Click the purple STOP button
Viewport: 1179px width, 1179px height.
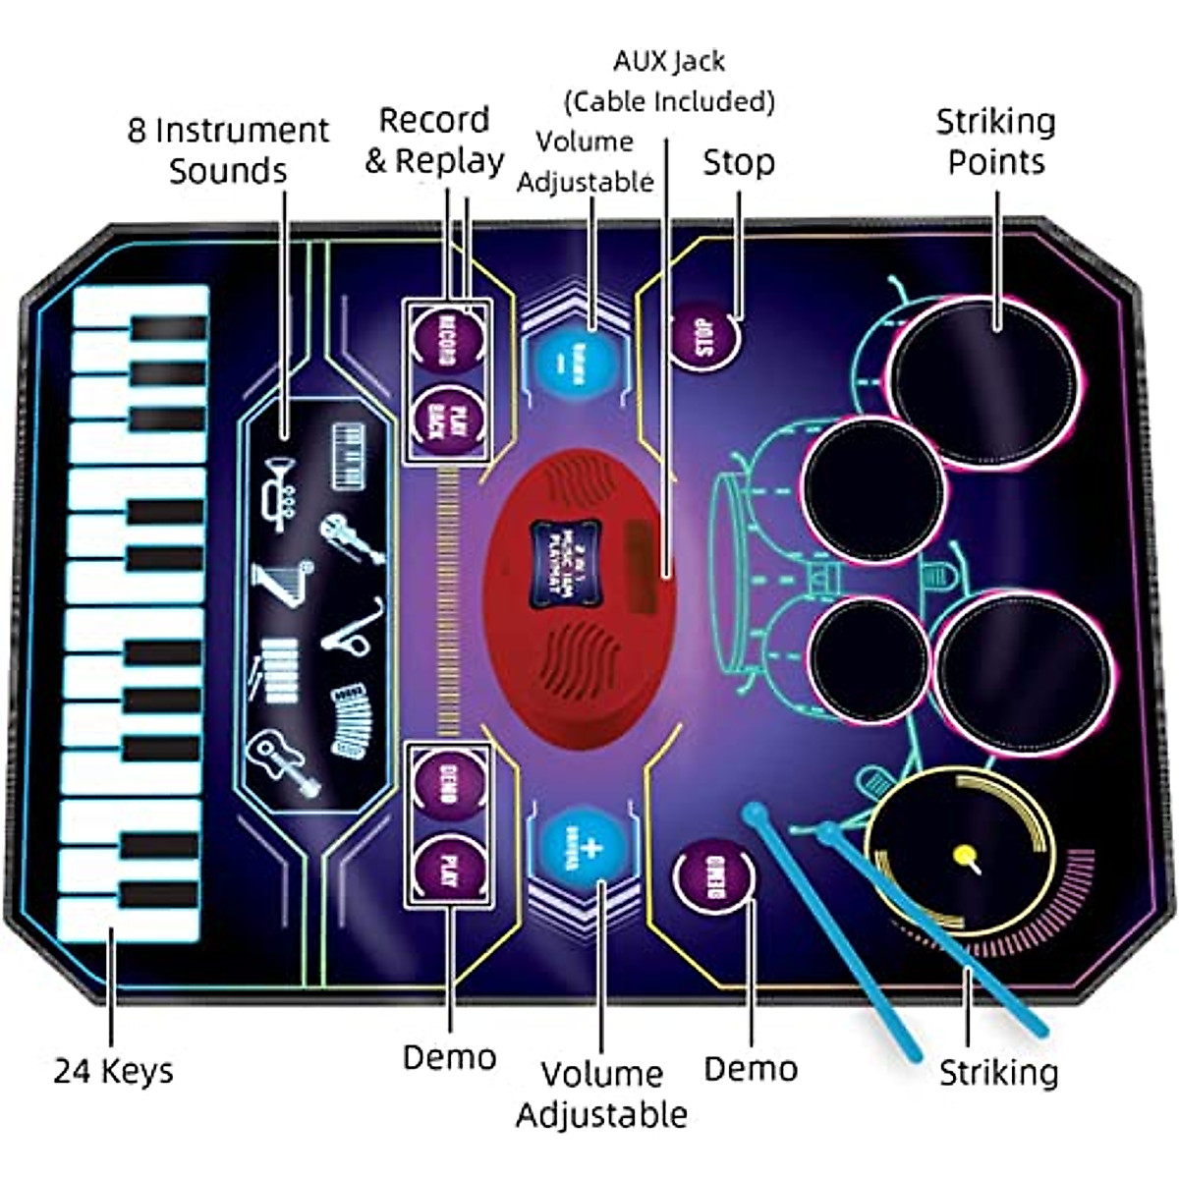[703, 338]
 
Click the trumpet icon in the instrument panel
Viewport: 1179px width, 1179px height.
[277, 492]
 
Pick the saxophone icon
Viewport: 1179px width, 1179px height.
[353, 630]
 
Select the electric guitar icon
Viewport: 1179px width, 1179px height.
[284, 762]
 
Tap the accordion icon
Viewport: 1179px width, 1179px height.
[351, 720]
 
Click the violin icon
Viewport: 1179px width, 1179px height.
[351, 537]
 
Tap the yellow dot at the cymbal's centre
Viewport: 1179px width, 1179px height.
[965, 854]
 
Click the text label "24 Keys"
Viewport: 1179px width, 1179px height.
[113, 1070]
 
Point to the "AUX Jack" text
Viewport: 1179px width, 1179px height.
[669, 61]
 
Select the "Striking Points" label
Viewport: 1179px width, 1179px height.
[995, 141]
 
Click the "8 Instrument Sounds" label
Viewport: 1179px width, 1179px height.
[228, 150]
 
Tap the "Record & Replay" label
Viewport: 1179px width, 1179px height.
[434, 140]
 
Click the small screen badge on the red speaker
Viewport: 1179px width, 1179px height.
[564, 541]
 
